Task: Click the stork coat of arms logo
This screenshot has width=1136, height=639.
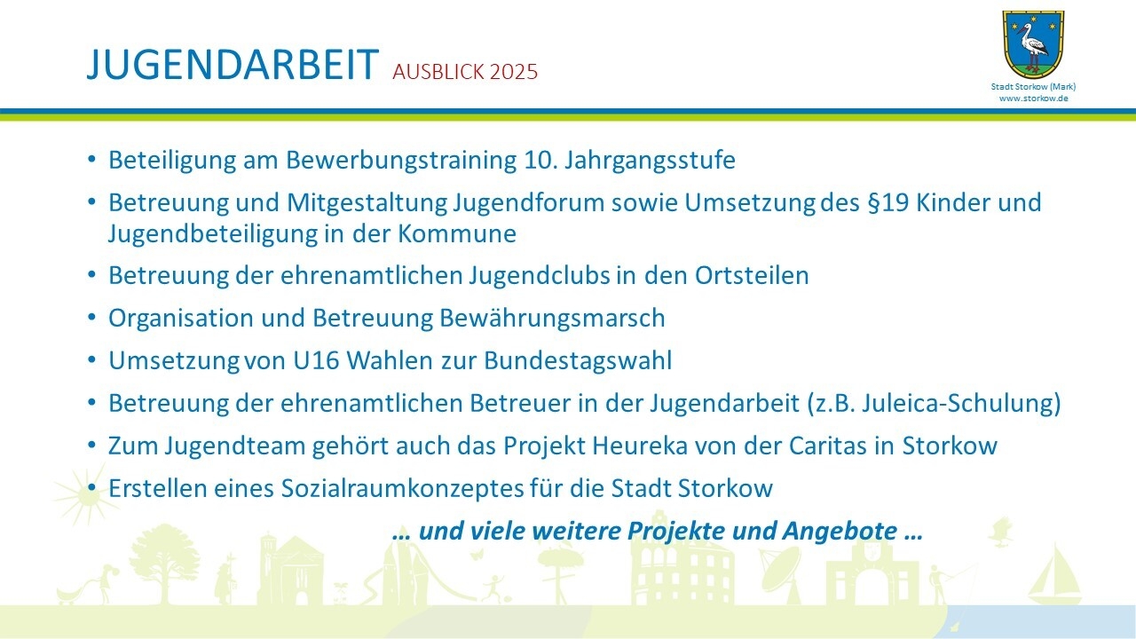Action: click(x=1033, y=44)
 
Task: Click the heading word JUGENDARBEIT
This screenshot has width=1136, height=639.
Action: click(x=233, y=65)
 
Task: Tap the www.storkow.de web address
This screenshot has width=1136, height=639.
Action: click(x=1034, y=99)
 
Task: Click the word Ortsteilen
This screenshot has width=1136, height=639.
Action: click(x=752, y=276)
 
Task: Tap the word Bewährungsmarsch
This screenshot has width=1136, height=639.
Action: click(x=552, y=319)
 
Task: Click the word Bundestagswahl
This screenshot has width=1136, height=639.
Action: click(x=578, y=361)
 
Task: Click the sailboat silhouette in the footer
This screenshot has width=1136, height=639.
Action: click(x=1053, y=576)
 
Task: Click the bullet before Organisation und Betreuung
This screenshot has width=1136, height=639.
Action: click(x=91, y=318)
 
